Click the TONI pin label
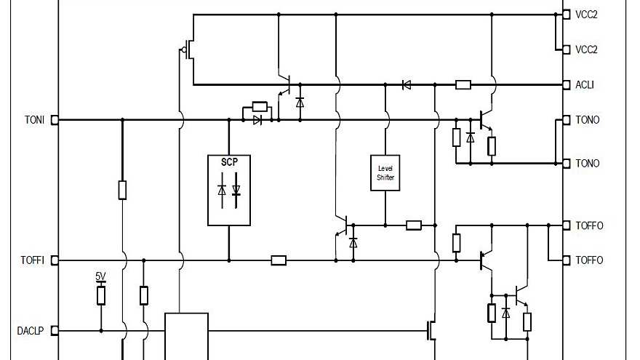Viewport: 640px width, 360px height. [34, 120]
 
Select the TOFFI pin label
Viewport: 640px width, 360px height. [33, 260]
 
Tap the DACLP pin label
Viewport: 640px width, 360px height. [31, 331]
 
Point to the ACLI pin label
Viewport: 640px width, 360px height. [585, 85]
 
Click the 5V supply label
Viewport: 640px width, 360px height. [100, 276]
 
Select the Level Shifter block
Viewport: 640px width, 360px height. [385, 173]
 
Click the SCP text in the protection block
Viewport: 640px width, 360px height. [229, 161]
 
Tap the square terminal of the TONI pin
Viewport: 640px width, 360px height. [55, 120]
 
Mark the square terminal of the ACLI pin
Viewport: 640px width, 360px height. [567, 85]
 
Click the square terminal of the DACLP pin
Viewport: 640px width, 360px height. [55, 331]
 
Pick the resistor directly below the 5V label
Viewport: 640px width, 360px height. [101, 295]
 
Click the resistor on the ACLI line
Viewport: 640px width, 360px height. [463, 85]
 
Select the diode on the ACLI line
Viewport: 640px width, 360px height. [407, 85]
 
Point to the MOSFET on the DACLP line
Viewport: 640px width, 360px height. [431, 331]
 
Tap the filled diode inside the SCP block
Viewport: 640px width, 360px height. [236, 191]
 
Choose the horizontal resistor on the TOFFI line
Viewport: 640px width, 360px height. [279, 260]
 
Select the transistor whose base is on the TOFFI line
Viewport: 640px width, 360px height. [484, 260]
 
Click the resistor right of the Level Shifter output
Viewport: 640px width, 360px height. [414, 225]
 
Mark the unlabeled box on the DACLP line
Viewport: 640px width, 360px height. [186, 336]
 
